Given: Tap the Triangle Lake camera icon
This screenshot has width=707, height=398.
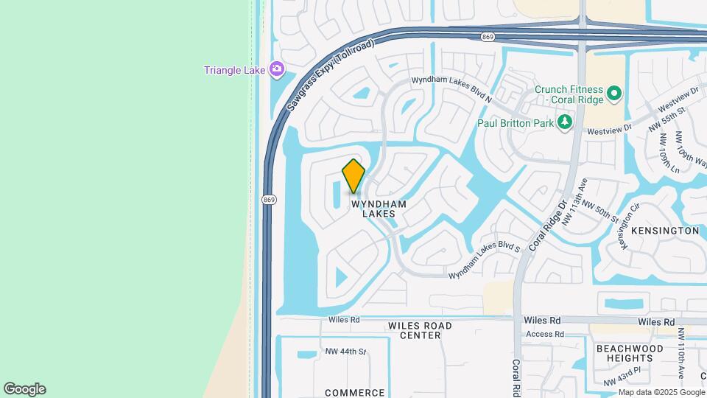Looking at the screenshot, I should (277, 70).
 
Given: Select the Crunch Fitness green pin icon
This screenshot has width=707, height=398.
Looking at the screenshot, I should (614, 94).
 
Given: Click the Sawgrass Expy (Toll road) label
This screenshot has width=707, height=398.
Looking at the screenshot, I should (330, 75).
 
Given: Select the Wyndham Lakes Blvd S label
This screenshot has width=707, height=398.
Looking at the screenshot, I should (485, 261).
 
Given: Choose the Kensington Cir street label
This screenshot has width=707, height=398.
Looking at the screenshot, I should (627, 226).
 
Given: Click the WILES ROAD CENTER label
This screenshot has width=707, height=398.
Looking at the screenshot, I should (420, 330).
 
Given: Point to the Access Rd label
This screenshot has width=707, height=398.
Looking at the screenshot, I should (545, 334).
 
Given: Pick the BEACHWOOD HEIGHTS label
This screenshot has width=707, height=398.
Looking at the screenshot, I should (630, 353).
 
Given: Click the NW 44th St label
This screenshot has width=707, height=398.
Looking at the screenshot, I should (345, 352).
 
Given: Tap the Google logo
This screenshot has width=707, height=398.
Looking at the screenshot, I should (24, 389).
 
